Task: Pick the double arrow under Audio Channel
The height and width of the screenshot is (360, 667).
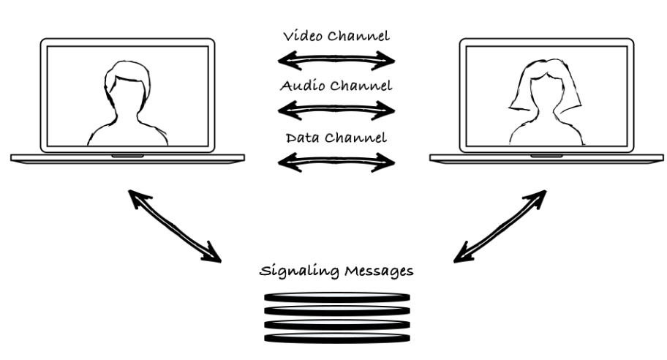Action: [336, 109]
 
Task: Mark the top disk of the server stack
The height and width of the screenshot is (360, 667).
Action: [334, 297]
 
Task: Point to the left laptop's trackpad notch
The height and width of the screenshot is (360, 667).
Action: [127, 156]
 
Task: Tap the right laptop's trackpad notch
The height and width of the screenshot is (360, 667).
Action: [546, 156]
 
